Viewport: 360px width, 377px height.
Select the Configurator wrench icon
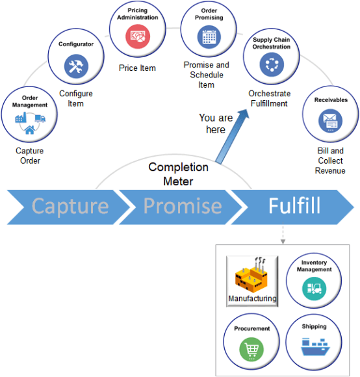76,66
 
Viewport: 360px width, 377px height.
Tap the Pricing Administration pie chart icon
137,36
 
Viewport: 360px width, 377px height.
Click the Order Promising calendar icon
209,36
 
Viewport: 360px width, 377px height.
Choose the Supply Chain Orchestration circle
272,64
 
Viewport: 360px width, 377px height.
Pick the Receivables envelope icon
331,121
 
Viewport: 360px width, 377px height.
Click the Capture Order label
29,156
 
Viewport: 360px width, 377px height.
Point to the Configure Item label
76,98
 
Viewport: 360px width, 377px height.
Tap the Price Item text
137,68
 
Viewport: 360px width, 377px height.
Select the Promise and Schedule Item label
207,75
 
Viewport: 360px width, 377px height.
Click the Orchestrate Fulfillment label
269,98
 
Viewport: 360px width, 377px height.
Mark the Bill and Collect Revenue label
330,161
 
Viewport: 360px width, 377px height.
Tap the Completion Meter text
178,174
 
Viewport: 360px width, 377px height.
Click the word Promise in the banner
183,207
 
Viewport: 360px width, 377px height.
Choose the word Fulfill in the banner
294,207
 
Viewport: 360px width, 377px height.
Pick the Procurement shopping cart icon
252,348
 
